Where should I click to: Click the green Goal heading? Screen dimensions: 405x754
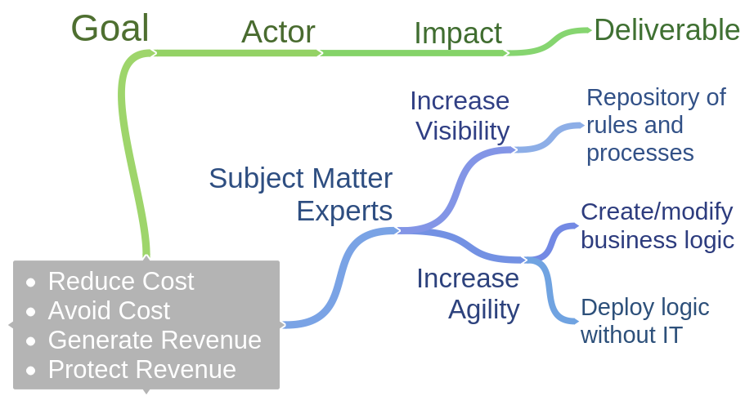coord(110,29)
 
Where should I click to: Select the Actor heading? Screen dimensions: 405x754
coord(278,32)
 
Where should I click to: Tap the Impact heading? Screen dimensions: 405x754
coord(457,33)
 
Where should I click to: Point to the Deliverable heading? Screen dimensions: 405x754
coord(666,30)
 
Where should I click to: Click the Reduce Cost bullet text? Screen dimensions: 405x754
coord(121,281)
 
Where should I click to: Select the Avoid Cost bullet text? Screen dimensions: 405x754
coord(109,310)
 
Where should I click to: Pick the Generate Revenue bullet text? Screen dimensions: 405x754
coord(155,340)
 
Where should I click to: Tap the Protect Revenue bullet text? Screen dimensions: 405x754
coord(141,369)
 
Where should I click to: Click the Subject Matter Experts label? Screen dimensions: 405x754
coord(301,194)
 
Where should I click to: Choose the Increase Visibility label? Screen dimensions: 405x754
coord(460,116)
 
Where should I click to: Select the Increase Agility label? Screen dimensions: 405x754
coord(469,294)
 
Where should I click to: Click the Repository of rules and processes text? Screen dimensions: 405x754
coord(655,125)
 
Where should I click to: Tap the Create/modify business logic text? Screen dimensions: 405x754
coord(657,226)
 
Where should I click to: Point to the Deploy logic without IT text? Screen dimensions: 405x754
coord(644,321)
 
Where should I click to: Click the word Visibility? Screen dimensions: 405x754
coord(463,131)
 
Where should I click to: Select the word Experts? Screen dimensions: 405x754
coord(344,211)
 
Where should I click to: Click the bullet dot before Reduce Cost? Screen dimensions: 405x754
coord(31,283)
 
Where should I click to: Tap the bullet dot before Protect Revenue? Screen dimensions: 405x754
coord(31,371)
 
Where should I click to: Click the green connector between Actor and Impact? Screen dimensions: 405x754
coord(414,53)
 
